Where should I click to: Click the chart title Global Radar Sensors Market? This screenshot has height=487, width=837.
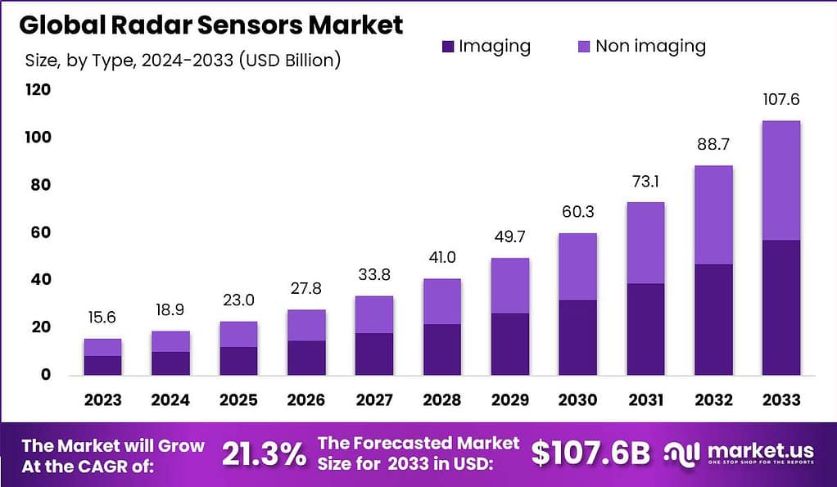210,25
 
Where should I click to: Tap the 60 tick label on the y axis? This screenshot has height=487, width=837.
40,232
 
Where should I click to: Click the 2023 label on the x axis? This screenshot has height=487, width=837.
102,400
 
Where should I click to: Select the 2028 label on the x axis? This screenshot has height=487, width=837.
441,400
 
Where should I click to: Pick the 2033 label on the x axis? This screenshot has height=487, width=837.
780,400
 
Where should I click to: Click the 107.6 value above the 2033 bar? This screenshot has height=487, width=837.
780,100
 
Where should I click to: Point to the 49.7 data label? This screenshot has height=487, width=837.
509,238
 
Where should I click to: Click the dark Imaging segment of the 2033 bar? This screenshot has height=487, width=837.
780,307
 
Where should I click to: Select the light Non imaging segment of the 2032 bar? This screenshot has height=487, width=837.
713,214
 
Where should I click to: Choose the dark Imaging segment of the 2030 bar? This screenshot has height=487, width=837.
577,337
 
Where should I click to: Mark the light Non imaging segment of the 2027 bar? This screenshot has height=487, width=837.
373,314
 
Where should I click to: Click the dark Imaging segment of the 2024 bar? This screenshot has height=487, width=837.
170,363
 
